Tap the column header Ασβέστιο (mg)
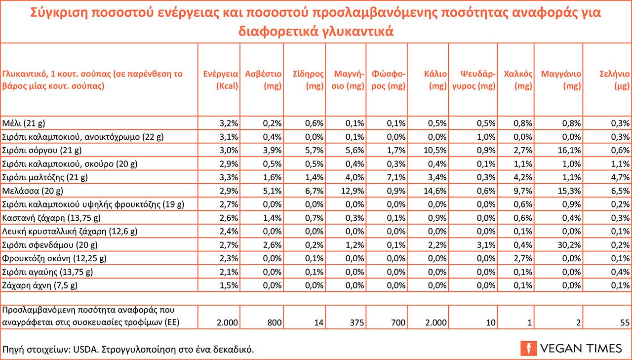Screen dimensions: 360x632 click(263, 80)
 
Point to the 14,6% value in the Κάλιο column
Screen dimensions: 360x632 click(436, 190)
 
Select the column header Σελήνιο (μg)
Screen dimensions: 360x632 click(614, 80)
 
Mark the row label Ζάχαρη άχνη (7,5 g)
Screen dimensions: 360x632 click(40, 285)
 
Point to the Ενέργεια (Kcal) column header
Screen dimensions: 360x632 click(221, 80)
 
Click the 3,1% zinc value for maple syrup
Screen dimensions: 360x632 click(487, 244)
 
